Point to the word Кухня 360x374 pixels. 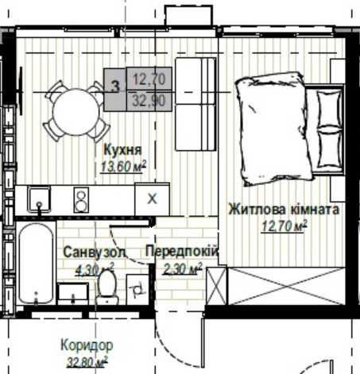[x=123, y=148]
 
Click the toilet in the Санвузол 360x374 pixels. [x=106, y=289]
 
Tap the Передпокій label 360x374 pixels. [x=182, y=252]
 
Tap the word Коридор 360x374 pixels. [x=86, y=345]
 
